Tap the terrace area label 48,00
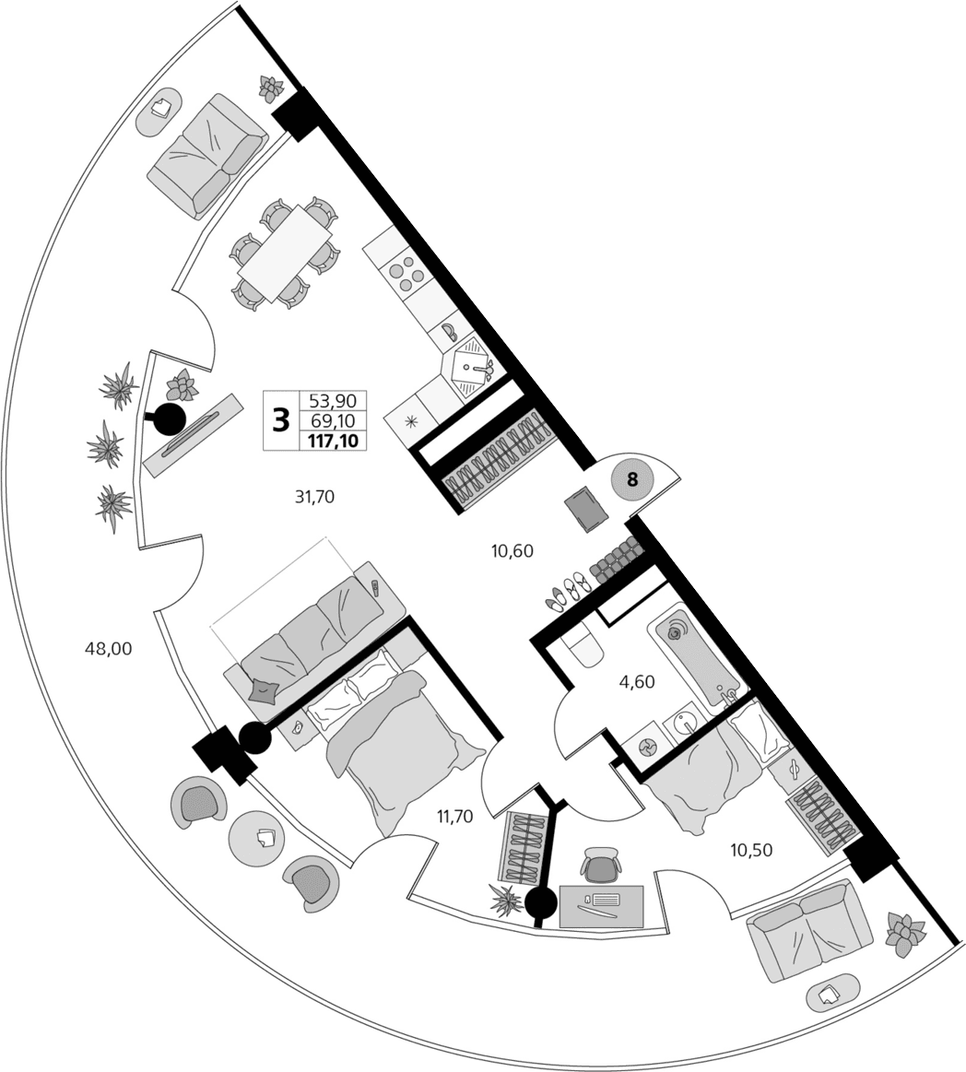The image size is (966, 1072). point(109,648)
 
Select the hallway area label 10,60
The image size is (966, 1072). point(512,551)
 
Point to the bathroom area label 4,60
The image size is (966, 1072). point(636,682)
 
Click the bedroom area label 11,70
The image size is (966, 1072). point(455,815)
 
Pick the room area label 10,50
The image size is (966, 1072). point(751,850)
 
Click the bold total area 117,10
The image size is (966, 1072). point(332,442)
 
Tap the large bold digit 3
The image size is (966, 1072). point(281,420)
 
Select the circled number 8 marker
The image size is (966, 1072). point(632,479)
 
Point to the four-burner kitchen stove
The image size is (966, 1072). point(406,269)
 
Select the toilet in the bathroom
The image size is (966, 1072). point(582,645)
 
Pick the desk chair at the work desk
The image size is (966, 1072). point(601,866)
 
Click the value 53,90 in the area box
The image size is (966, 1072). point(332,401)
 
